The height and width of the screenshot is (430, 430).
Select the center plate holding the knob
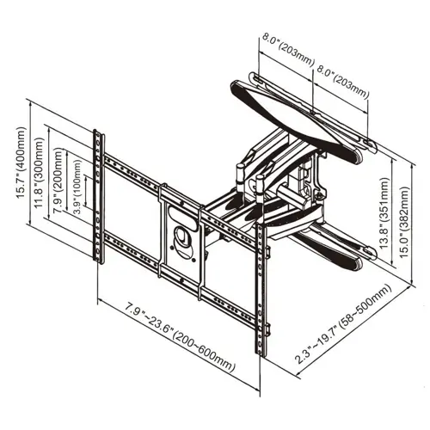(x=181, y=241)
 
